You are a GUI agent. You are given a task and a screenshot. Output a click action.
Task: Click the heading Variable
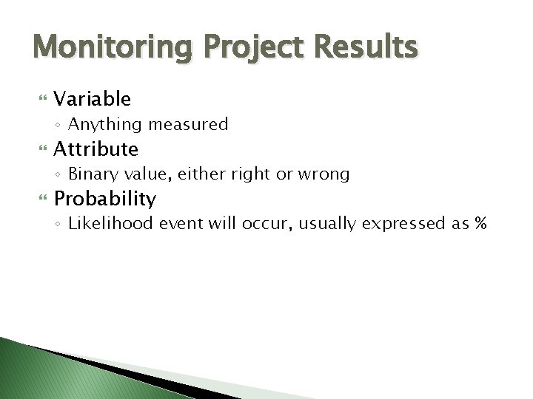point(93,98)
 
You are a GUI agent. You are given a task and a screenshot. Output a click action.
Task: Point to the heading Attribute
point(96,149)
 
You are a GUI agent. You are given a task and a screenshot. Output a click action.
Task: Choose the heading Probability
point(104,199)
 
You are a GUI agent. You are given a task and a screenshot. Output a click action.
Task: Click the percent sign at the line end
point(480,224)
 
